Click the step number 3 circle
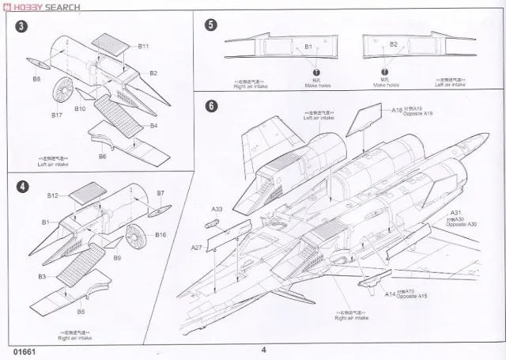18,27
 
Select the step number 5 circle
210,25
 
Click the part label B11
144,47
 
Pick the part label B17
57,115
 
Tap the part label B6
103,157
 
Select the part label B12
53,195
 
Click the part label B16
160,235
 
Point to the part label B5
81,312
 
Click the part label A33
217,209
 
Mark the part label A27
197,248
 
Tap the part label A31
455,213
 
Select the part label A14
391,294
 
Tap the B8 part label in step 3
36,79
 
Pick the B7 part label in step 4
160,193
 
